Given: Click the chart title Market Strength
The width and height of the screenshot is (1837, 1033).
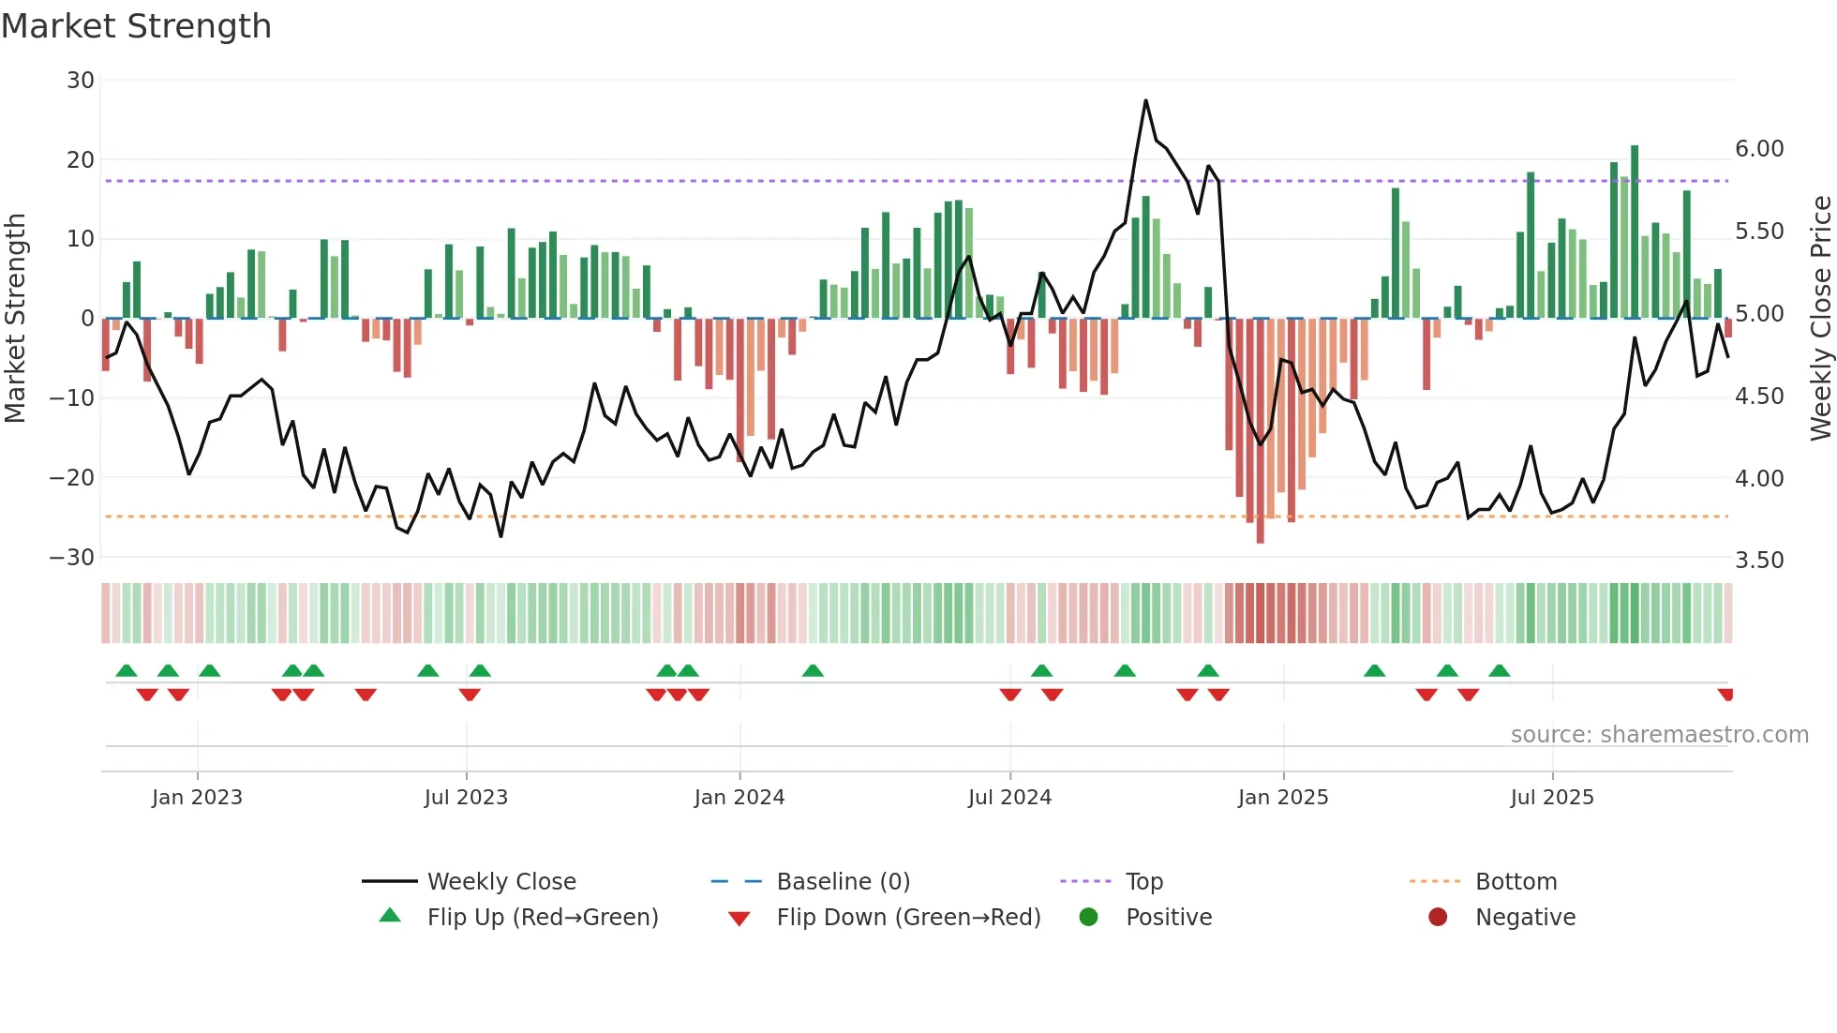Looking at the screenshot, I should click(x=136, y=26).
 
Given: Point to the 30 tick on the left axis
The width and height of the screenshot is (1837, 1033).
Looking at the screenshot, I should click(x=81, y=81).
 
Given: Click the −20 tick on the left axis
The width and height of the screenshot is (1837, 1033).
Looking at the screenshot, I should click(x=72, y=477).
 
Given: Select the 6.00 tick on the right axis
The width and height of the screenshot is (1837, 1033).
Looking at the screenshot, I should click(x=1759, y=149).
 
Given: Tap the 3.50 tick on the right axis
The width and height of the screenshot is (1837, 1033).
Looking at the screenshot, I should click(x=1759, y=561).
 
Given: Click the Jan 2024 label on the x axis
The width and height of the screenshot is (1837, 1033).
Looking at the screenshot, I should click(x=739, y=798).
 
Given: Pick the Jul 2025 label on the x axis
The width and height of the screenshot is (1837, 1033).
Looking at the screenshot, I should click(x=1552, y=798).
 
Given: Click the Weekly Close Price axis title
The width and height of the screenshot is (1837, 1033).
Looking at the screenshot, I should click(x=1820, y=318).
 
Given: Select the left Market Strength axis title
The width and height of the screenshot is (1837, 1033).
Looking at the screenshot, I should click(x=16, y=318).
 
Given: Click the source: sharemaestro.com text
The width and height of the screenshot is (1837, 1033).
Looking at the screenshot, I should click(x=1659, y=735).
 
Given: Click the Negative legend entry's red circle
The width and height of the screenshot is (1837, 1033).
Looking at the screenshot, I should click(x=1438, y=918).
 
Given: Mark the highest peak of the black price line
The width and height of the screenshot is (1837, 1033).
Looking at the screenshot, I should click(x=1145, y=100).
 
